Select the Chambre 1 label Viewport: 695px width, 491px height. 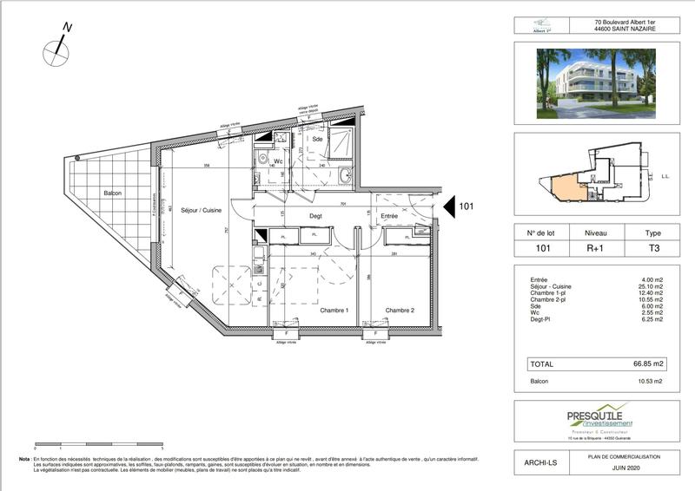pyautogui.click(x=334, y=311)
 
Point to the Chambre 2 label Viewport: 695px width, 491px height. pyautogui.click(x=400, y=311)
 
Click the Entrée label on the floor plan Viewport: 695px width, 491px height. pyautogui.click(x=387, y=217)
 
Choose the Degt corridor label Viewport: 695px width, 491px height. pyautogui.click(x=316, y=217)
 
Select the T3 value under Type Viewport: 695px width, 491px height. pyautogui.click(x=652, y=249)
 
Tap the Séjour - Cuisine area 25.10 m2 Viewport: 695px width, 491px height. pyautogui.click(x=651, y=286)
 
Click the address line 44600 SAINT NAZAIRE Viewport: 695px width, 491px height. pyautogui.click(x=624, y=29)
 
